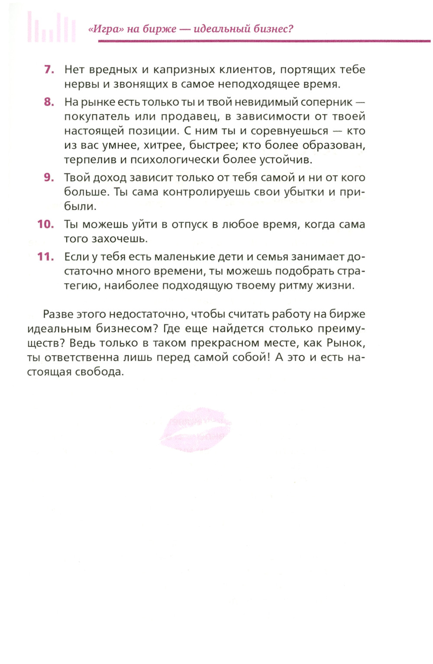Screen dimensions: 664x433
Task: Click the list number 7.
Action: (49, 69)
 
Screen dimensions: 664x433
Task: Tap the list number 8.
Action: (49, 102)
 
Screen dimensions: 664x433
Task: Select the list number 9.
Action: (49, 177)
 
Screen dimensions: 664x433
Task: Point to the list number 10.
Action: (45, 224)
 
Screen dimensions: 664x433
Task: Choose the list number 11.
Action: (45, 257)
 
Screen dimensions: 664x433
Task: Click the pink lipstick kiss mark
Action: (196, 429)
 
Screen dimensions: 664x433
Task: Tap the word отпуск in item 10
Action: (190, 224)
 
